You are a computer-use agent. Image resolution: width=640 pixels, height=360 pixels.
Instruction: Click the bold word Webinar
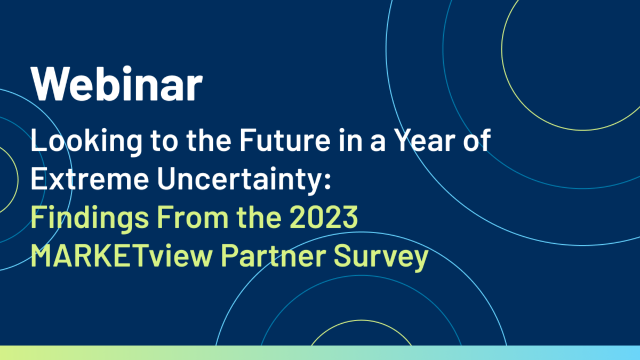coord(117,83)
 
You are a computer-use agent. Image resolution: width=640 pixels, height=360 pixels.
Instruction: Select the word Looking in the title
coord(86,142)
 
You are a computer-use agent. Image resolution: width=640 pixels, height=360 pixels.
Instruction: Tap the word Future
coord(285,140)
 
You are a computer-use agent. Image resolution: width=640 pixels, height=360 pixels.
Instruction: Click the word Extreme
coord(90,179)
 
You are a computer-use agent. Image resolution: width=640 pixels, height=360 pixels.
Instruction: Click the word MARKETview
coord(122,255)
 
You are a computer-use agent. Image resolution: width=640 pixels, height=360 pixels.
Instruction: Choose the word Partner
coord(274,255)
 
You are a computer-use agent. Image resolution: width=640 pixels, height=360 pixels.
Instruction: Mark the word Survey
coord(381,258)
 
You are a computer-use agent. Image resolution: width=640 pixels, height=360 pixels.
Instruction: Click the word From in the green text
coord(193,217)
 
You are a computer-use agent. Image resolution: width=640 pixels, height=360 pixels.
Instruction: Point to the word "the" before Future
coord(209,140)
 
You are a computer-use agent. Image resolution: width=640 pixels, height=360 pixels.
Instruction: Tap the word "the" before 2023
coord(259,217)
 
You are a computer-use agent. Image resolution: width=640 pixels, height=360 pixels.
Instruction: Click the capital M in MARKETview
coord(42,255)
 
